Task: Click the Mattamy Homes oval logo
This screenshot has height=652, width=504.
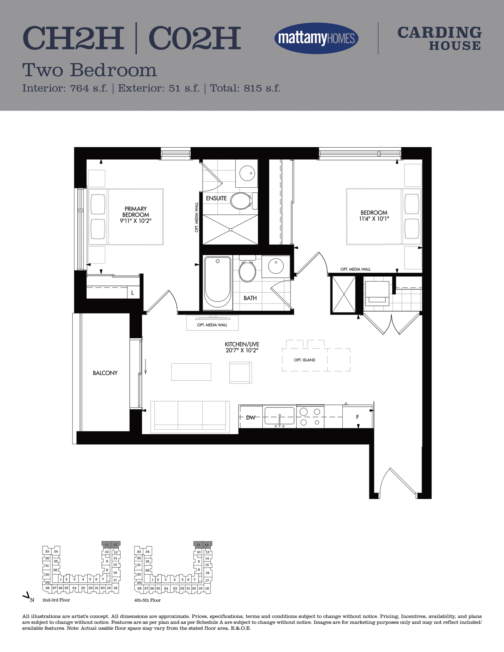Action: (x=316, y=38)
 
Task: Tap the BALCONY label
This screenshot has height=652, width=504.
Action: (x=105, y=373)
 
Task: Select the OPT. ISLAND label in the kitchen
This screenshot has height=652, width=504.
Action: (x=305, y=360)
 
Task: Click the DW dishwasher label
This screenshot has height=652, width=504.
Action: (x=251, y=417)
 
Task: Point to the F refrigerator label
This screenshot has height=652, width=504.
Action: (x=358, y=417)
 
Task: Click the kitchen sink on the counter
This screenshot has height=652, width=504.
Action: (x=279, y=417)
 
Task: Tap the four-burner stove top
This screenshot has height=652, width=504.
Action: (x=310, y=417)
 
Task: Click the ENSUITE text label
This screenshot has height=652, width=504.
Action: (x=216, y=198)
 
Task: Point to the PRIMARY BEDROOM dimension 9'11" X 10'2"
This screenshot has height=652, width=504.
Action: (x=136, y=220)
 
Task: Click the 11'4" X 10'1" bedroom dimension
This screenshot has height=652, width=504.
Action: (x=374, y=218)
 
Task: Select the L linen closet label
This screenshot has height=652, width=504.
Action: (x=133, y=293)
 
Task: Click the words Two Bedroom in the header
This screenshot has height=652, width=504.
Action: (x=89, y=70)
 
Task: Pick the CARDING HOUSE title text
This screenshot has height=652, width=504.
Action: (x=439, y=38)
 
